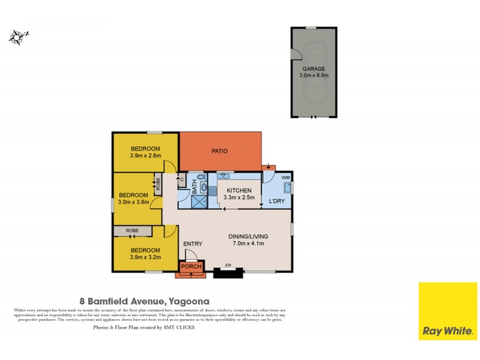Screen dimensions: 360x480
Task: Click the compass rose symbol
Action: (x=18, y=37)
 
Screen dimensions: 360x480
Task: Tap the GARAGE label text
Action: (x=314, y=69)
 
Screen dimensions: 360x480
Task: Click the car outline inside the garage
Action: (x=314, y=90)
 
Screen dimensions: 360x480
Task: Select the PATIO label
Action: (x=219, y=151)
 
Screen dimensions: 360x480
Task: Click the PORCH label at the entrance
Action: (x=191, y=266)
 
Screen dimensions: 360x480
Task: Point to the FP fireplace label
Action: (x=228, y=265)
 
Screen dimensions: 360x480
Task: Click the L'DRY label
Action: (x=277, y=200)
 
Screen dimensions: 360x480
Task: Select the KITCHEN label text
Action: (x=239, y=191)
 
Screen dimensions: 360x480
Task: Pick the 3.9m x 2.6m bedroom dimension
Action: (x=145, y=156)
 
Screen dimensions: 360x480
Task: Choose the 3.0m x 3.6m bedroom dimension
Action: (x=133, y=203)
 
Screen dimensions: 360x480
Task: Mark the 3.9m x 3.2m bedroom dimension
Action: (x=145, y=257)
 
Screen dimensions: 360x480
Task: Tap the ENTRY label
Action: (x=193, y=244)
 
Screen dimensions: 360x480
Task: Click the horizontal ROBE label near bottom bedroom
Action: (x=132, y=230)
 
